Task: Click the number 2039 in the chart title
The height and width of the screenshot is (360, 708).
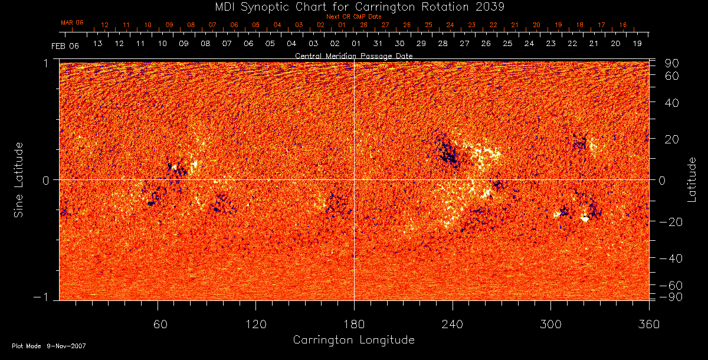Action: (x=489, y=6)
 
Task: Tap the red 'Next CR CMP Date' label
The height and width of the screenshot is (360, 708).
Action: (x=354, y=17)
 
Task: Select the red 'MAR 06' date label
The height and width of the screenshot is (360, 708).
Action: (x=72, y=22)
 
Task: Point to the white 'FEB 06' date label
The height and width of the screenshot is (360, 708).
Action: (x=64, y=45)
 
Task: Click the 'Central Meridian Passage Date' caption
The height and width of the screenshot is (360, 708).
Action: (x=353, y=55)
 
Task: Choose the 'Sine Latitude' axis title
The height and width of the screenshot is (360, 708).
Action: (x=19, y=179)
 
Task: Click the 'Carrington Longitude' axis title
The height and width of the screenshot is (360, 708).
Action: (x=353, y=340)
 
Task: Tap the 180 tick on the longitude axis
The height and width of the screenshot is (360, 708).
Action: (x=354, y=324)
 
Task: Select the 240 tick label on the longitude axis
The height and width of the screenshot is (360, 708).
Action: (x=453, y=324)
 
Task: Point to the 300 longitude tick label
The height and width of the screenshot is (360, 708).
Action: (x=550, y=324)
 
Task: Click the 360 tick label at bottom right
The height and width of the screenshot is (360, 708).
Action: (x=648, y=324)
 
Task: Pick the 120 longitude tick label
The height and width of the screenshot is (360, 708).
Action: (x=255, y=324)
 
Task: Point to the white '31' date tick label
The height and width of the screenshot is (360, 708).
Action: (x=378, y=44)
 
